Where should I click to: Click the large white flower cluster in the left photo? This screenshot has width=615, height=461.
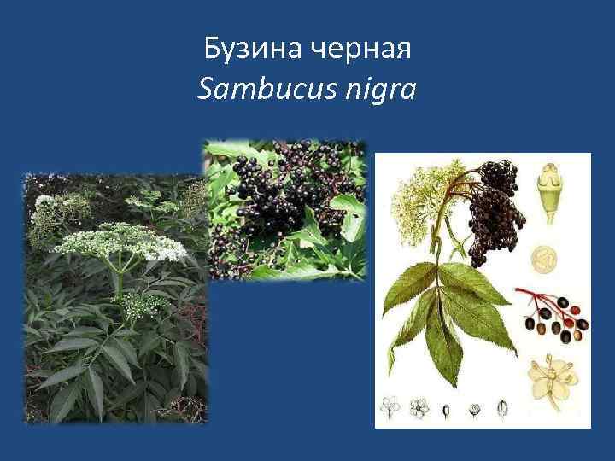120,241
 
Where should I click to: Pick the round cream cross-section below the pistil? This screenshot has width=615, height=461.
544,257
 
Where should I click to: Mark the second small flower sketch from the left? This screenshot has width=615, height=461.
419,406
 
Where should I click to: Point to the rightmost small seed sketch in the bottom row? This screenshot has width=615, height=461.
501,408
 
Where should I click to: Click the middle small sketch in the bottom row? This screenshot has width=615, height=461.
446,410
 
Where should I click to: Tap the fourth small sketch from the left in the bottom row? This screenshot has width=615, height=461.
473,410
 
